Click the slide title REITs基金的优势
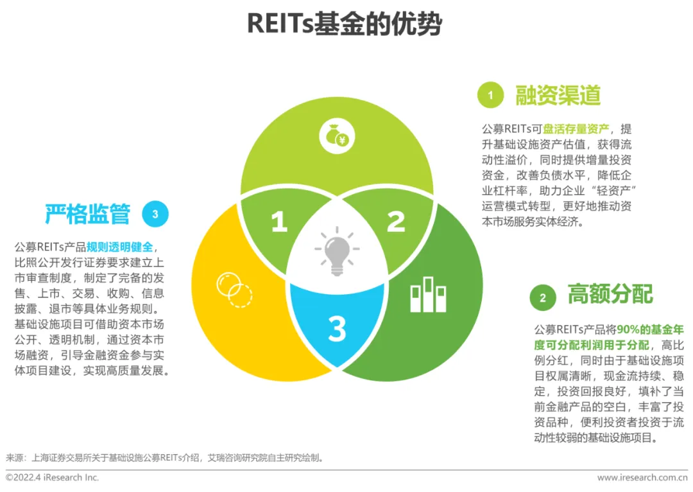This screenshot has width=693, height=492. (x=345, y=24)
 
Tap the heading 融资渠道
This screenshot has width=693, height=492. (x=558, y=96)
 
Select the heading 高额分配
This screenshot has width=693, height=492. (x=610, y=295)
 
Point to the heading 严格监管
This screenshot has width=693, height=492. (x=87, y=214)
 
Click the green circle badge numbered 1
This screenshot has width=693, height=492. (x=491, y=96)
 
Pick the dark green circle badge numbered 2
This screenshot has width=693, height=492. (x=543, y=297)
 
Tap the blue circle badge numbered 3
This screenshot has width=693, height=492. (x=155, y=215)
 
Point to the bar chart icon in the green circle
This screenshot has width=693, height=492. (x=428, y=295)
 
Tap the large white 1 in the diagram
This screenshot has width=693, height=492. (x=278, y=222)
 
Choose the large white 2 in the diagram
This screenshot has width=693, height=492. (x=396, y=222)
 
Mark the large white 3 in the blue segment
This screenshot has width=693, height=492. (x=337, y=329)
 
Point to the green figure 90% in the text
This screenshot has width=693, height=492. (x=629, y=330)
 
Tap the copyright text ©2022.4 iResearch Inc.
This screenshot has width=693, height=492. (x=53, y=478)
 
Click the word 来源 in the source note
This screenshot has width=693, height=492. (x=15, y=458)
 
